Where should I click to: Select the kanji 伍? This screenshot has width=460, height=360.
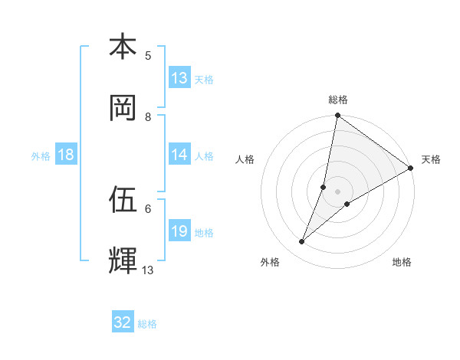coord(123,200)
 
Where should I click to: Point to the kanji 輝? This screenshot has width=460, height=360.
coord(123,260)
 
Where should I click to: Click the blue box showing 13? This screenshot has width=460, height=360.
coord(179,78)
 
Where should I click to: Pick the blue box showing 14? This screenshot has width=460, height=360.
coord(179,155)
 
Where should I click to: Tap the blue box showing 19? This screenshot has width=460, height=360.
coord(179,231)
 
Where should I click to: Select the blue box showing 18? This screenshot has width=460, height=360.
coord(66,155)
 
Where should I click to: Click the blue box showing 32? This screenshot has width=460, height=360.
coord(123,322)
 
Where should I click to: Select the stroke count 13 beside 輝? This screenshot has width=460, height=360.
coord(148,270)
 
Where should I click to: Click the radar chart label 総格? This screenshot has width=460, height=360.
coord(338,100)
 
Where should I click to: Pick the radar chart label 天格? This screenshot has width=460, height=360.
coord(431,159)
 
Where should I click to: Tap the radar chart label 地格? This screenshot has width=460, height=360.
coord(402,262)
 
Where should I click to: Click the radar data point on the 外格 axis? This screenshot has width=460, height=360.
coord(302,242)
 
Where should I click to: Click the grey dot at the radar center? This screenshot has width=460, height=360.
coord(338,191)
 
